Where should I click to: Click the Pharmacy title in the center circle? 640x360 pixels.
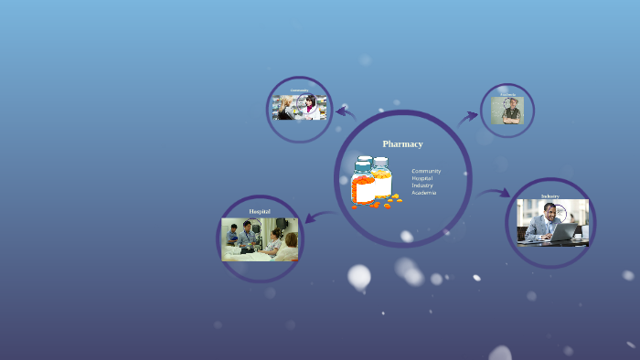pos(402,143)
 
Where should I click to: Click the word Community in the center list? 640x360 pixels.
pos(426,171)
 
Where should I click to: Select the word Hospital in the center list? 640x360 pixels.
pos(422,178)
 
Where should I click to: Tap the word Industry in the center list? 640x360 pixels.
pos(422,185)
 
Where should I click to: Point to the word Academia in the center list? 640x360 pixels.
pos(423,193)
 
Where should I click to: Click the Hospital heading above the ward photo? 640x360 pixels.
pos(260,211)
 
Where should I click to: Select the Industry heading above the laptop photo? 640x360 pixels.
pos(549,196)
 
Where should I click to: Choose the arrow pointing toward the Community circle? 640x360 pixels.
pos(346,111)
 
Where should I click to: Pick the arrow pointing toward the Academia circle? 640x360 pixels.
pos(468,116)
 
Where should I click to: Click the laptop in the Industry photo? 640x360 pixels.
pos(562,232)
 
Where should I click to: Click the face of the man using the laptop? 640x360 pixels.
pos(549,212)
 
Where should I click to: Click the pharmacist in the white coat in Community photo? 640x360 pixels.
pos(312,107)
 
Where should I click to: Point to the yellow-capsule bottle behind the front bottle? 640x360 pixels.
pos(381,177)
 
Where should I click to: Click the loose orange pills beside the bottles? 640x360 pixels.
pos(387,203)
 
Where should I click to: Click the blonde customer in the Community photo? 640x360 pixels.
pos(285,106)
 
